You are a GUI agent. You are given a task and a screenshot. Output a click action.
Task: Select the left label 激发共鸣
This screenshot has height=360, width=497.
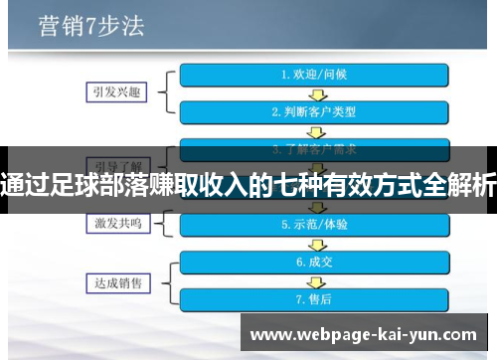click(110, 225)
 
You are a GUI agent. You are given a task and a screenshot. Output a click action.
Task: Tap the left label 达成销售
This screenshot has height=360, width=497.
click(110, 280)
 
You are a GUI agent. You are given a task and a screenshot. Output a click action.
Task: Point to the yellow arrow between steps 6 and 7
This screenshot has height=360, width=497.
click(313, 280)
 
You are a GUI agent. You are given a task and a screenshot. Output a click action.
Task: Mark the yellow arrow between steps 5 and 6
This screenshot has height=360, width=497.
click(313, 244)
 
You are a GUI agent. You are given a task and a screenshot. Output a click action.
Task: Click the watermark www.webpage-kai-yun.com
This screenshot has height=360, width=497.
click(365, 335)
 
